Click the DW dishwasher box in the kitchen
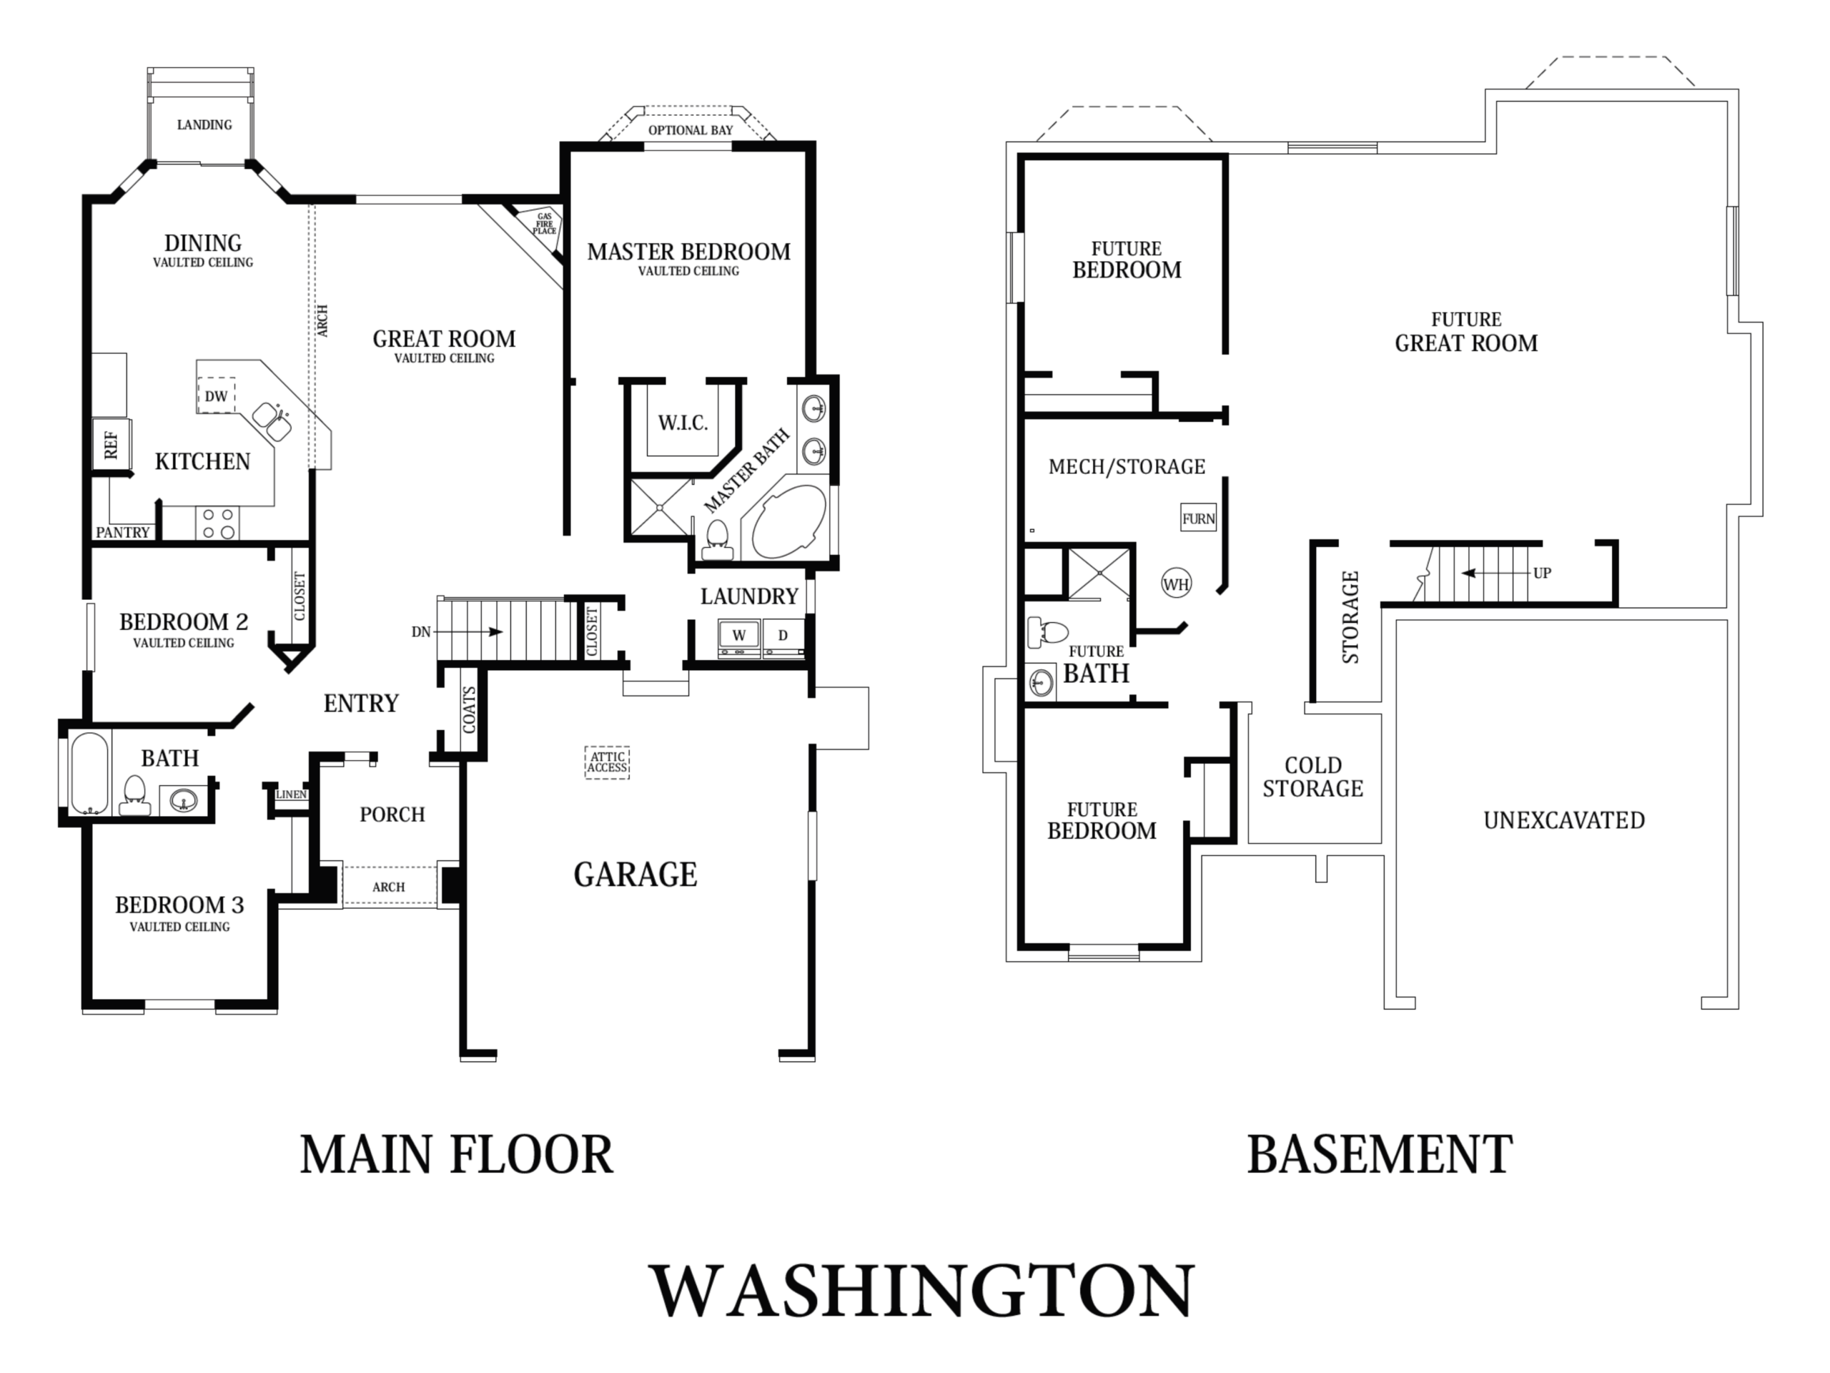click(x=216, y=395)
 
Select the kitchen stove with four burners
click(x=217, y=523)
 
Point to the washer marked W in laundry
click(x=738, y=636)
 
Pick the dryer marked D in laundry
click(x=783, y=636)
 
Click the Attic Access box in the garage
click(x=607, y=762)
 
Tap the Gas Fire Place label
click(x=545, y=223)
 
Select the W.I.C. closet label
click(x=683, y=424)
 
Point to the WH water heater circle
click(x=1176, y=584)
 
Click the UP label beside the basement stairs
click(x=1542, y=573)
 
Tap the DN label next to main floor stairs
click(x=421, y=632)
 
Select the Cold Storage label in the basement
click(x=1313, y=777)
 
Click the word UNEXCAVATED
click(x=1563, y=820)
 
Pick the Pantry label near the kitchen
click(x=122, y=532)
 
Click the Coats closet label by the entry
click(x=469, y=709)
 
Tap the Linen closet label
click(x=291, y=794)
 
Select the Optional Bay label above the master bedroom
click(x=690, y=130)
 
